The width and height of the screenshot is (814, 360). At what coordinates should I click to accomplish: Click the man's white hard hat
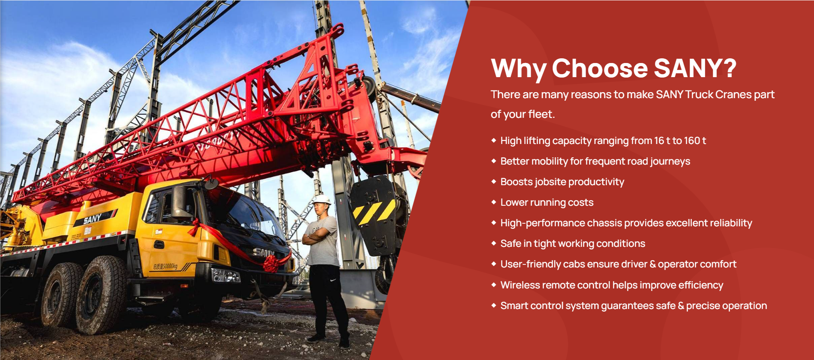[321, 200]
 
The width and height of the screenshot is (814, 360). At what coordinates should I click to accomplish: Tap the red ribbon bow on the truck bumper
[271, 263]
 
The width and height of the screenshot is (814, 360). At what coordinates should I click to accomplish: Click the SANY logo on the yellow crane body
[93, 219]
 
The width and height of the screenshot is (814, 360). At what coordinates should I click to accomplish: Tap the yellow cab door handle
[159, 245]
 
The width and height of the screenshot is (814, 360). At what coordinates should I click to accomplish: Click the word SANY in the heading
[695, 68]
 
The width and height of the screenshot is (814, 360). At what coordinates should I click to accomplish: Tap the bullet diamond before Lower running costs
[494, 202]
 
